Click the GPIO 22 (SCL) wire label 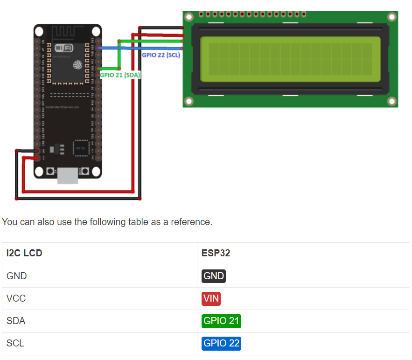[x=161, y=55]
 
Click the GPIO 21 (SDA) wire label [x=120, y=75]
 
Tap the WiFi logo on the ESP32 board [x=64, y=48]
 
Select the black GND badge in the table [x=214, y=276]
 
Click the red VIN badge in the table [x=211, y=298]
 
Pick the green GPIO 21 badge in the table [x=221, y=321]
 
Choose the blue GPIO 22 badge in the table [x=221, y=343]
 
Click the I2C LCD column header [x=24, y=253]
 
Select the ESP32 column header [x=216, y=253]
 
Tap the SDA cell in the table [x=16, y=321]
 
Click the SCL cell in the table [x=15, y=343]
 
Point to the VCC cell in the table [x=16, y=298]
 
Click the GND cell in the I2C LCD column [x=17, y=276]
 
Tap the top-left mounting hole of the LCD [x=189, y=17]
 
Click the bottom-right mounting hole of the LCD [x=391, y=101]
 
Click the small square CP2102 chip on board [x=80, y=148]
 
